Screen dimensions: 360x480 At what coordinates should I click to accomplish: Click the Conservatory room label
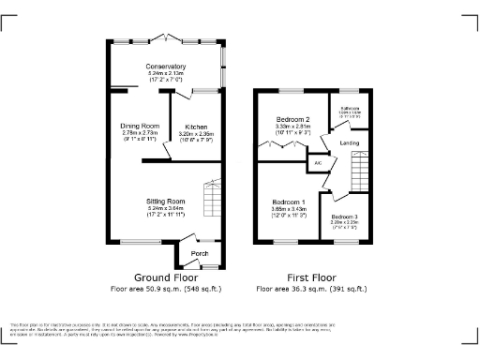click(165, 67)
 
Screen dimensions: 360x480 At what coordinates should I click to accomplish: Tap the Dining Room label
click(139, 126)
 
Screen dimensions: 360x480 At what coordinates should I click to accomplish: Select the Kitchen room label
click(196, 126)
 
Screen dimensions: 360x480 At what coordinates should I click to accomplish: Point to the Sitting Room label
click(165, 202)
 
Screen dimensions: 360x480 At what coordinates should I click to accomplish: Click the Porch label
click(200, 254)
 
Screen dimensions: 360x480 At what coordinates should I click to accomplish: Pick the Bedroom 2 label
click(292, 117)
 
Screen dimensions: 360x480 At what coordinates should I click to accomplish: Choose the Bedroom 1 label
click(289, 203)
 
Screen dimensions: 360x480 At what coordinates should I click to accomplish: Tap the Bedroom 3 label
click(343, 217)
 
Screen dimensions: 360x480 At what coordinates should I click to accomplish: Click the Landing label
click(350, 142)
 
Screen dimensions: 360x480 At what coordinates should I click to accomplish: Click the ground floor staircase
click(213, 201)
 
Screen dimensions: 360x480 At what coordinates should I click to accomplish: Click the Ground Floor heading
click(164, 278)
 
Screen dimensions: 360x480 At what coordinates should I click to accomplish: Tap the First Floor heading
click(310, 278)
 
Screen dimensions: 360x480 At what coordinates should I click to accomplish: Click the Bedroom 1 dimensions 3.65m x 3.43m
click(289, 211)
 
